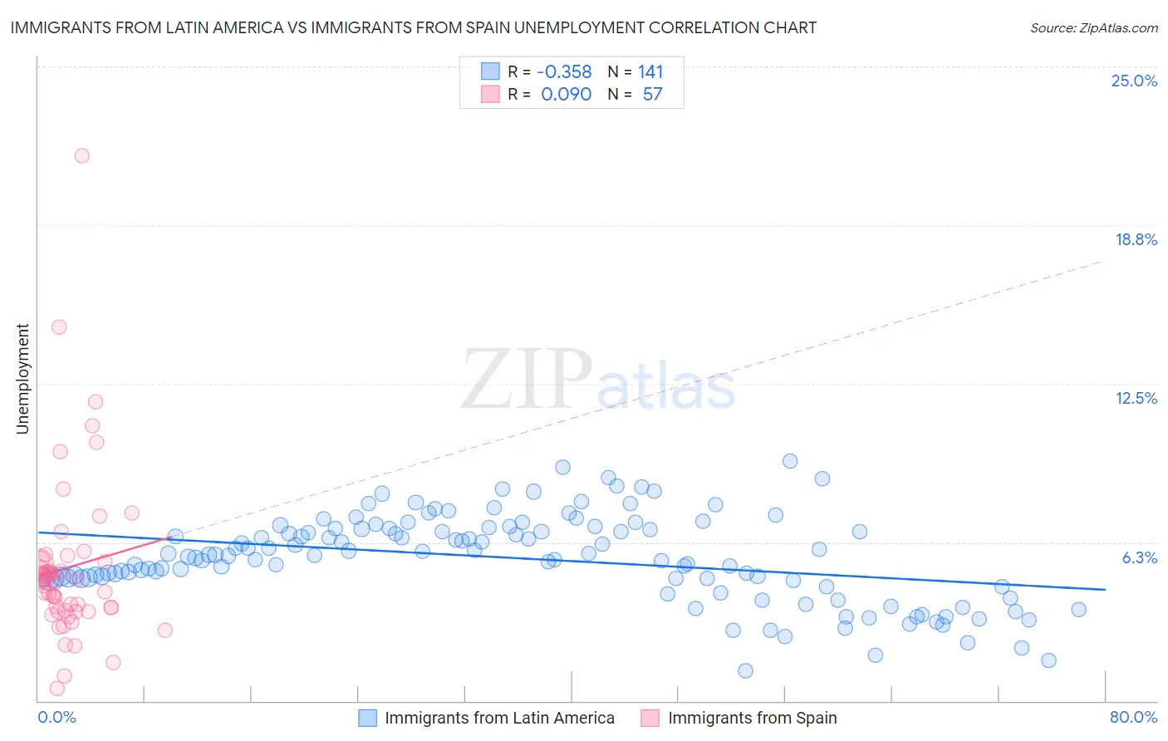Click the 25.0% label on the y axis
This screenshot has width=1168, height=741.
coord(1134,81)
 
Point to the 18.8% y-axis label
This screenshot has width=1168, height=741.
coord(1136,239)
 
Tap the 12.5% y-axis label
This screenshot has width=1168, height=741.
coord(1136,398)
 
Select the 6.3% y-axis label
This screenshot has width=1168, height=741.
coord(1139,557)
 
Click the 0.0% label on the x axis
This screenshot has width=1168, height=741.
coord(56,717)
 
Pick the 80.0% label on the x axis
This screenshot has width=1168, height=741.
coord(1133,717)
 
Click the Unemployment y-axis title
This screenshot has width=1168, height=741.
coord(22,379)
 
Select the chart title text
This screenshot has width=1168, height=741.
coord(413,27)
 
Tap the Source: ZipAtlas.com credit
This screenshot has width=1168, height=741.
coord(1093,27)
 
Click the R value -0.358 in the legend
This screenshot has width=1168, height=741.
coord(564,71)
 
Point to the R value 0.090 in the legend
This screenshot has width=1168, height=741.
coord(566,94)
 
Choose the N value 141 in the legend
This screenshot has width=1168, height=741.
coord(650,71)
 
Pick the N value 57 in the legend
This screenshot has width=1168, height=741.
coord(652,94)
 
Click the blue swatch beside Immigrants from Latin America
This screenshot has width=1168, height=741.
coord(367,718)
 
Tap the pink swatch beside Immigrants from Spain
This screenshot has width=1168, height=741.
coord(650,718)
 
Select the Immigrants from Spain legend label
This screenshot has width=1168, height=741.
coord(752,718)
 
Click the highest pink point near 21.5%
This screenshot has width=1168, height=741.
coord(81,155)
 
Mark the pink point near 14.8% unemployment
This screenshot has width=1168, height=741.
coord(59,326)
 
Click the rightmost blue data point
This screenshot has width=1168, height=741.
coord(1078,609)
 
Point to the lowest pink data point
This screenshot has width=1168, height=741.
coord(57,688)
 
